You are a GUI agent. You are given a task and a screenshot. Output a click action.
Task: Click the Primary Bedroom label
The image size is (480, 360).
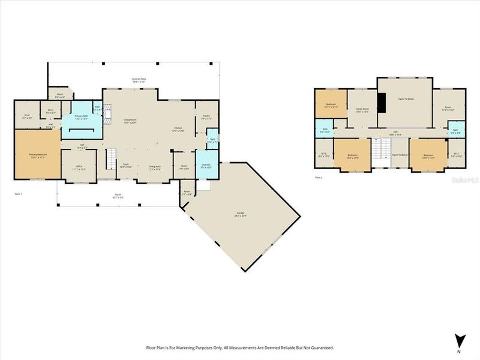click(37, 155)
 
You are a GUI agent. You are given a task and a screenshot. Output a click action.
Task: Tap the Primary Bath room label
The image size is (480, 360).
click(81, 117)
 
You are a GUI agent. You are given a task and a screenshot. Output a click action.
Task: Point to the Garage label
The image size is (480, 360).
click(240, 214)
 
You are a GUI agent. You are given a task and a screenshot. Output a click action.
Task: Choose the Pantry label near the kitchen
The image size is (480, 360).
click(206, 117)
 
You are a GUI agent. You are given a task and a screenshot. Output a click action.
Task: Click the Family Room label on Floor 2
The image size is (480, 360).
click(362, 110)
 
